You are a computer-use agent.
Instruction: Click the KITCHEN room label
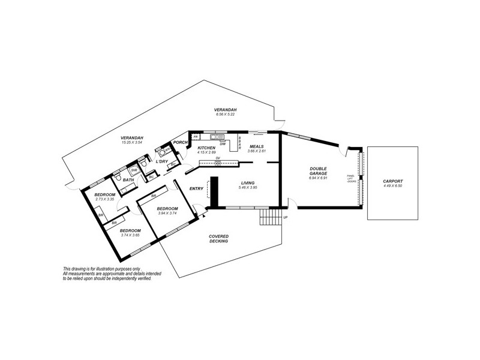(206, 148)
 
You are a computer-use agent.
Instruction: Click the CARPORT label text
(393, 181)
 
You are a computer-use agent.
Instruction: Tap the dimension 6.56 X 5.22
(226, 115)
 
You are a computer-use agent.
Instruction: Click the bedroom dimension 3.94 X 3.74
(167, 213)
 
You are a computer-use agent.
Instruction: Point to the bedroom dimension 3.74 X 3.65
(130, 235)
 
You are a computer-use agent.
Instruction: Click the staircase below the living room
(269, 217)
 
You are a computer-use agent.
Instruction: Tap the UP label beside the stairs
(285, 217)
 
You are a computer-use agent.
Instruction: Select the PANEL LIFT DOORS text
(352, 178)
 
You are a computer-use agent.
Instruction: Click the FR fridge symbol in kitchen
(196, 137)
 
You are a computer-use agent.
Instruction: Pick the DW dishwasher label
(223, 144)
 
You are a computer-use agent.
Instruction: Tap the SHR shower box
(135, 170)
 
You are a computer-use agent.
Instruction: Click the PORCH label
(180, 142)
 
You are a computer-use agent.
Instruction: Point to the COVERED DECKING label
(218, 239)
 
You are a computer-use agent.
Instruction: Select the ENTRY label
(196, 189)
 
